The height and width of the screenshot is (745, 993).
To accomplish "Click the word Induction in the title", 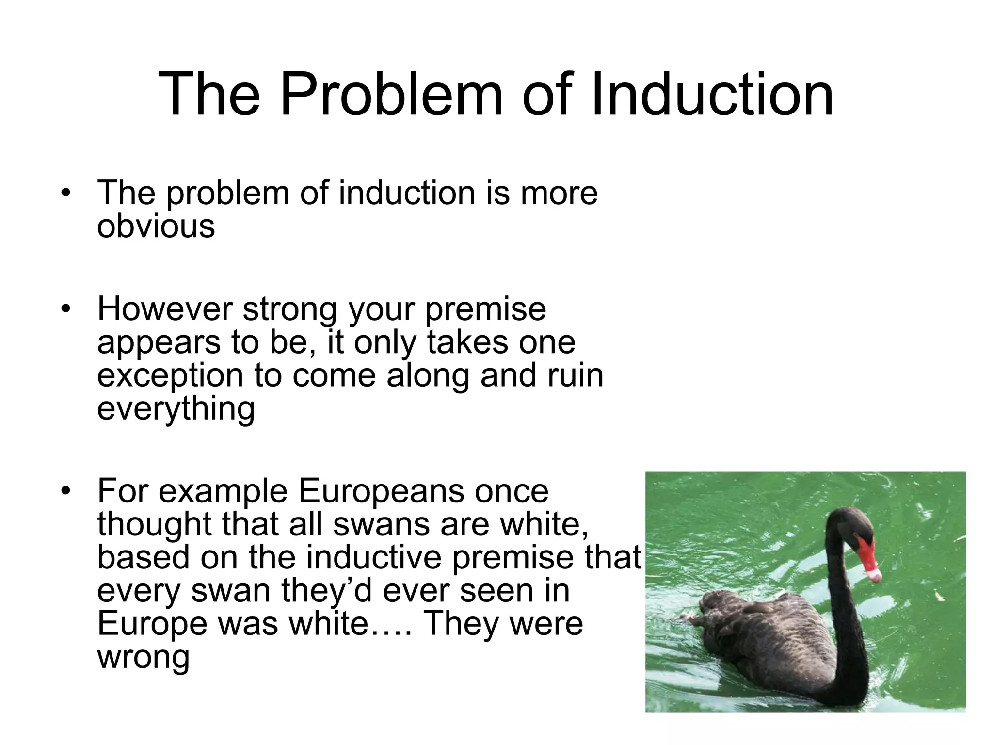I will (x=712, y=94).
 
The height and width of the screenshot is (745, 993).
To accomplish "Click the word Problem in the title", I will (x=391, y=94).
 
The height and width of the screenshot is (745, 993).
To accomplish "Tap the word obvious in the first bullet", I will (x=156, y=226).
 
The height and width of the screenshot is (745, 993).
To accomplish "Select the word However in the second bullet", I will (x=165, y=309).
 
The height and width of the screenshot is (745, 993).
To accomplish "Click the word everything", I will (x=176, y=409).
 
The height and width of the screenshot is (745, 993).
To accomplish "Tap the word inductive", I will (x=374, y=557).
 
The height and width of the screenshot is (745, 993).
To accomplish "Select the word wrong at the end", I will (x=143, y=657).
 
